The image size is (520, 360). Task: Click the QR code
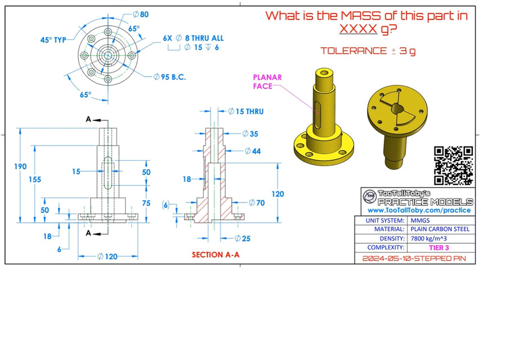(454, 165)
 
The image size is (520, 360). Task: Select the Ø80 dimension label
(140, 14)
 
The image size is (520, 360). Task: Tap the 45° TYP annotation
(53, 40)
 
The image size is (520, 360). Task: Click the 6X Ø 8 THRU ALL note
(193, 38)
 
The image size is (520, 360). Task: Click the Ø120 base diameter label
(107, 256)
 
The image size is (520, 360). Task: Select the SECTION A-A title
(216, 255)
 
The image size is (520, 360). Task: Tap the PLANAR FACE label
(267, 82)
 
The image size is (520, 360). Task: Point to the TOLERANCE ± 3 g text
(368, 51)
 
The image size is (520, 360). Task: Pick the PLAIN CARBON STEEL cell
(440, 229)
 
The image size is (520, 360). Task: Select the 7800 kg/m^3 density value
(431, 238)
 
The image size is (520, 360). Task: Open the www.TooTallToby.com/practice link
(419, 210)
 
